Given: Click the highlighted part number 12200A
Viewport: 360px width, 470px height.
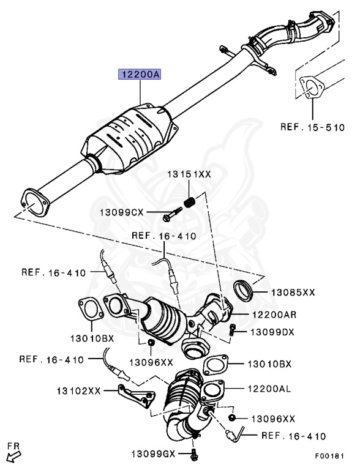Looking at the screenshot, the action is pos(140,74).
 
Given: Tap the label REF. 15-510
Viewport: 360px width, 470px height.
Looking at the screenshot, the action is pos(312,127).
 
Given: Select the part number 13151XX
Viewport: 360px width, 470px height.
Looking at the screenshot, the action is pos(189,174).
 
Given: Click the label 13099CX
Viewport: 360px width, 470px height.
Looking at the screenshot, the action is pos(121,212).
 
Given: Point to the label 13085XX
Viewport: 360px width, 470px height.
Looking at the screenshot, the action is pos(293,293).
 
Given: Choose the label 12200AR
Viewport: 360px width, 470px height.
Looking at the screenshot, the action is pos(274,315).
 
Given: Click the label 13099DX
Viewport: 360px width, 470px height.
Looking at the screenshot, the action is pos(272,332).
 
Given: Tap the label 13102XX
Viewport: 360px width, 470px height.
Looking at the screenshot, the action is pos(78,391).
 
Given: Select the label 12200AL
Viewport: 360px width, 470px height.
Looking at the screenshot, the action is pos(269,389).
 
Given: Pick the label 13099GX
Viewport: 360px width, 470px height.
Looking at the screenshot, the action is pos(153,454).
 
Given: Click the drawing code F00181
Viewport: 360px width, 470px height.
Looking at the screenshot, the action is pos(329,456).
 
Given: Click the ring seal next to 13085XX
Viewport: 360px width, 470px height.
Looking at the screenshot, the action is pos(244,290).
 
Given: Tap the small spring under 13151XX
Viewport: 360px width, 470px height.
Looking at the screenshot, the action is pos(190,203).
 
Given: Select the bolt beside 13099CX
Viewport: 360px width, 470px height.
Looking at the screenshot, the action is pos(172,214).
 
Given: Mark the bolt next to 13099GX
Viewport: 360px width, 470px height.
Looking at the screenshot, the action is pos(193,454).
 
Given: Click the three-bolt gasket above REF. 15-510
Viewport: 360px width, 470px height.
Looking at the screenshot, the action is pos(312,88).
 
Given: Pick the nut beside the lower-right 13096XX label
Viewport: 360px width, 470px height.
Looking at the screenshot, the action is pos(231,418).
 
